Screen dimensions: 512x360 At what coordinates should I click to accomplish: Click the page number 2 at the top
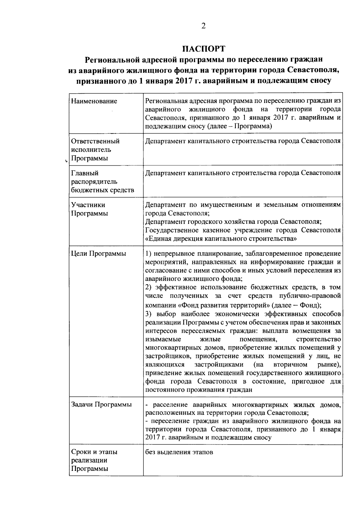point(203,26)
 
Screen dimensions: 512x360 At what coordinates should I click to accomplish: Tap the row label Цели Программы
point(99,254)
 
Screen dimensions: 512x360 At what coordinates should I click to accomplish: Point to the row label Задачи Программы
point(101,404)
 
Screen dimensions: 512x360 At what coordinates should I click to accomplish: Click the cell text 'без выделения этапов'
point(179,452)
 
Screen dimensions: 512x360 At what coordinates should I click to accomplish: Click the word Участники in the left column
point(88,205)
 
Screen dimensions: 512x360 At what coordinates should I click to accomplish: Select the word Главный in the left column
point(85,173)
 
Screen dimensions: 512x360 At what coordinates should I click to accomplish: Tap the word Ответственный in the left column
point(95,141)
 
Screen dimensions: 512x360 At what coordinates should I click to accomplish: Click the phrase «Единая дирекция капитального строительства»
point(221,239)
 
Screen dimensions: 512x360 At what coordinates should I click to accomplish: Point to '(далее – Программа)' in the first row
point(239,126)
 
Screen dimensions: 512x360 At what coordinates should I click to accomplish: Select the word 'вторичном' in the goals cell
point(290,365)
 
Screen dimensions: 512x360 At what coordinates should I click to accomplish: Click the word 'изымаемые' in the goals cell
point(163,339)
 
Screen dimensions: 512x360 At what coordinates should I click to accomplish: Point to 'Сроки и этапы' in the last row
point(94,452)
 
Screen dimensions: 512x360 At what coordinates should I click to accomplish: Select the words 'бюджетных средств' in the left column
point(103,190)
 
